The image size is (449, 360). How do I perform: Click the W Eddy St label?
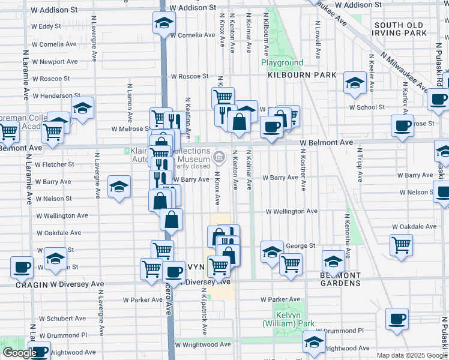(x=46, y=26)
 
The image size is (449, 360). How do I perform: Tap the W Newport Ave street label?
(x=55, y=61)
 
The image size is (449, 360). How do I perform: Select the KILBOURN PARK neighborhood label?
(x=302, y=76)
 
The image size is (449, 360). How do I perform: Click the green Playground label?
(x=282, y=62)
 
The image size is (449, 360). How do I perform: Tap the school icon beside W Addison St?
(x=163, y=24)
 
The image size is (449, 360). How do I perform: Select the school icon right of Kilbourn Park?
(x=355, y=83)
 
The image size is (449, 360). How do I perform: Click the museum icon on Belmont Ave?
(x=218, y=158)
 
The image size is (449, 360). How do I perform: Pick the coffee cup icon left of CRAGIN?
(x=22, y=267)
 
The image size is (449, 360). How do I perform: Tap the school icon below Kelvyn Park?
(x=314, y=343)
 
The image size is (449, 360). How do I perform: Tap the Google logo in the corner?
(x=19, y=353)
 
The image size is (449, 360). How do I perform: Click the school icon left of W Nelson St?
(x=119, y=187)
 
